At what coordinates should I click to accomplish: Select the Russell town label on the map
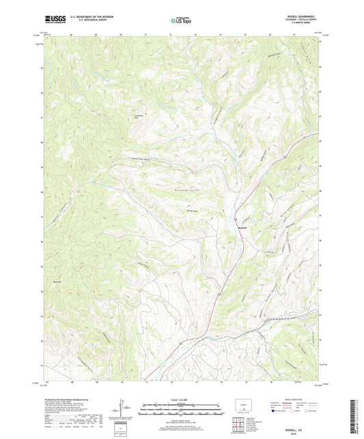242,218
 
